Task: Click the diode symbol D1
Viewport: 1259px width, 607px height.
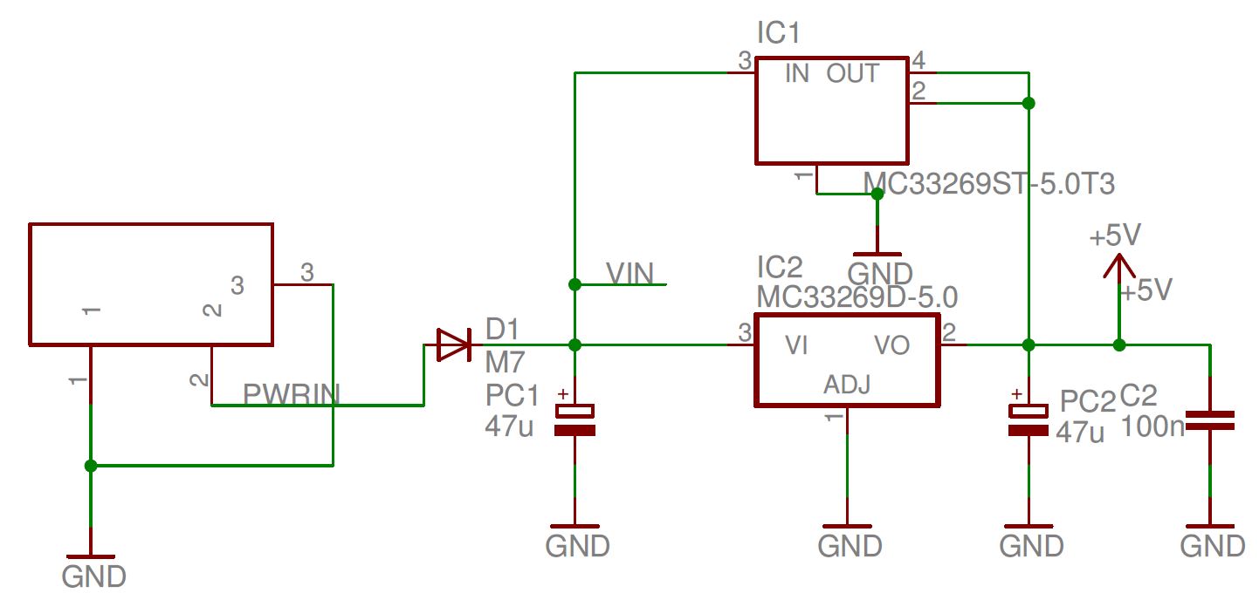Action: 453,344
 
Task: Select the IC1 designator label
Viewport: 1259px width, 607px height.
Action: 779,34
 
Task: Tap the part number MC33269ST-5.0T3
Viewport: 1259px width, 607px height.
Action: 988,185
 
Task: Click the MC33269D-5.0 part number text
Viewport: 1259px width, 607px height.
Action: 857,297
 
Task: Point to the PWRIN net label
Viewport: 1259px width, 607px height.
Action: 290,395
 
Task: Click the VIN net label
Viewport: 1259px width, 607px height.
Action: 629,274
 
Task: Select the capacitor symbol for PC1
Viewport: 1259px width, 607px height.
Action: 574,419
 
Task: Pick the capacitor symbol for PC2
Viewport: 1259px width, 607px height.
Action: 1029,419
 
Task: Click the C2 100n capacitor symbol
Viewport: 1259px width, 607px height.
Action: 1209,420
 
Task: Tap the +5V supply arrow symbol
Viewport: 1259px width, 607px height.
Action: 1118,266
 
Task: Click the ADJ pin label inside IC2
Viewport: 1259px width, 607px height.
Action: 846,385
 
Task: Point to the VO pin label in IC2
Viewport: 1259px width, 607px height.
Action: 891,346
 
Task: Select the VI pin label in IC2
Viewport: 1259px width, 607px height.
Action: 796,346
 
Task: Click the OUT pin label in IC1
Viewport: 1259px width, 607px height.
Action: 852,74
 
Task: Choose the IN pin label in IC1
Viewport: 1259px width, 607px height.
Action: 796,74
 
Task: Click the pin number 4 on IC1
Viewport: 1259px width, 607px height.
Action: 918,60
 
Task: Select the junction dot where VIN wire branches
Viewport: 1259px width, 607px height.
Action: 574,284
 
